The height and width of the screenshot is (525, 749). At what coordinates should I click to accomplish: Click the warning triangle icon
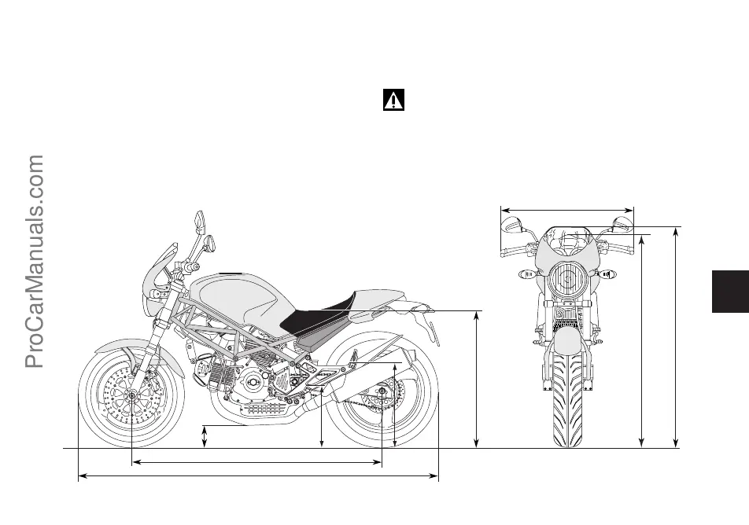[393, 100]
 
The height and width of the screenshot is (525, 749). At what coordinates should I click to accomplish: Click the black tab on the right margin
[730, 292]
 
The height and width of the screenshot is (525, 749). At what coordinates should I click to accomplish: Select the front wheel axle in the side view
[131, 406]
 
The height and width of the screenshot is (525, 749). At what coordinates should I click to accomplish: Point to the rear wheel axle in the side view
[382, 391]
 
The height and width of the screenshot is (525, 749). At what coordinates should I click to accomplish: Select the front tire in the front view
[566, 397]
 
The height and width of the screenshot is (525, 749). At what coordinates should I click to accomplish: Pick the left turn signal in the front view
[528, 275]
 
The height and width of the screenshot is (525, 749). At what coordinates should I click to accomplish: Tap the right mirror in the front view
[622, 225]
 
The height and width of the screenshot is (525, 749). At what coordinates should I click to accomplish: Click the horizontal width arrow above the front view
[567, 210]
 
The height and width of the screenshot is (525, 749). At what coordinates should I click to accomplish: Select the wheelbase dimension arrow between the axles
[256, 463]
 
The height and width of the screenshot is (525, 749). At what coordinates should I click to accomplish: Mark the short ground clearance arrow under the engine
[205, 437]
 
